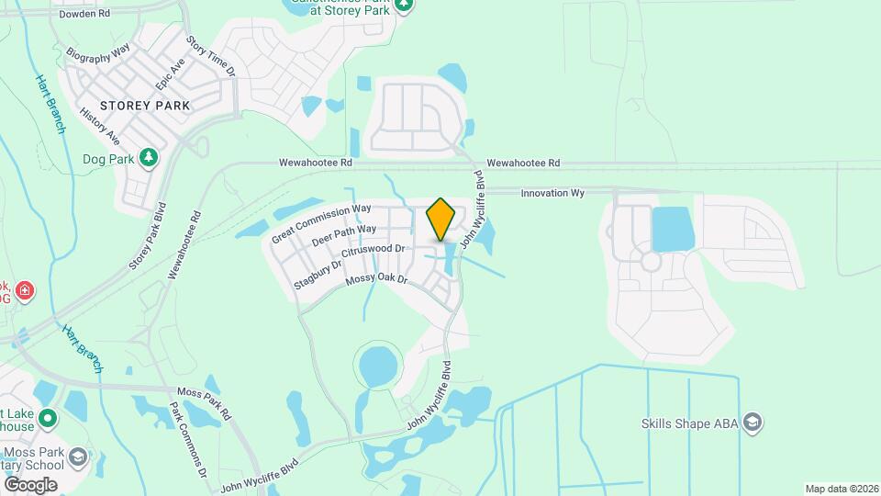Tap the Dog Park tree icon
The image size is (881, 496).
(149, 158)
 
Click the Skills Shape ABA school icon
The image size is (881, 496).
(753, 423)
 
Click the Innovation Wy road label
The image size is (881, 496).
(552, 194)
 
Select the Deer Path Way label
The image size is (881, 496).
(344, 235)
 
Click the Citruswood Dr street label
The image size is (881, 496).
(373, 249)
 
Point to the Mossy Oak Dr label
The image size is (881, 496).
(376, 279)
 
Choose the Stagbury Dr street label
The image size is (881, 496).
(318, 275)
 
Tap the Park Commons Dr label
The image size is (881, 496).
(191, 439)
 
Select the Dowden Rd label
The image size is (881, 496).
(84, 15)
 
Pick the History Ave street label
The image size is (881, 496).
(100, 126)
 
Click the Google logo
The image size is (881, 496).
(30, 484)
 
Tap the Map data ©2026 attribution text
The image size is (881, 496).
(841, 489)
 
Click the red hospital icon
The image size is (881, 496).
(26, 291)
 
